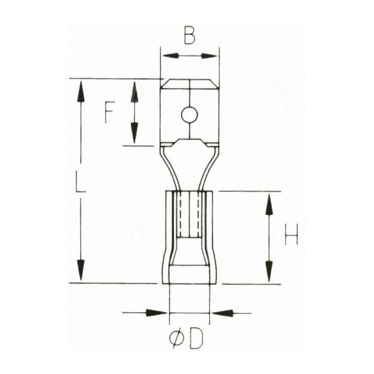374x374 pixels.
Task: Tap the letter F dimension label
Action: pos(108,112)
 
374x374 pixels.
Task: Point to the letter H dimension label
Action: pos(292,235)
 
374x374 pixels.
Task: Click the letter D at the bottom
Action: pos(196,338)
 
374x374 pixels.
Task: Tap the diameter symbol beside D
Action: pos(177,339)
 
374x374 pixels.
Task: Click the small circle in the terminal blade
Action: pos(189,115)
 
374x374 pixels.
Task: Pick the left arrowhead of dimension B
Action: pos(171,56)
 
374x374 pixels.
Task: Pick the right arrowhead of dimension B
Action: pos(209,56)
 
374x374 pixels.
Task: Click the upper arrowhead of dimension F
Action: pos(135,92)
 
